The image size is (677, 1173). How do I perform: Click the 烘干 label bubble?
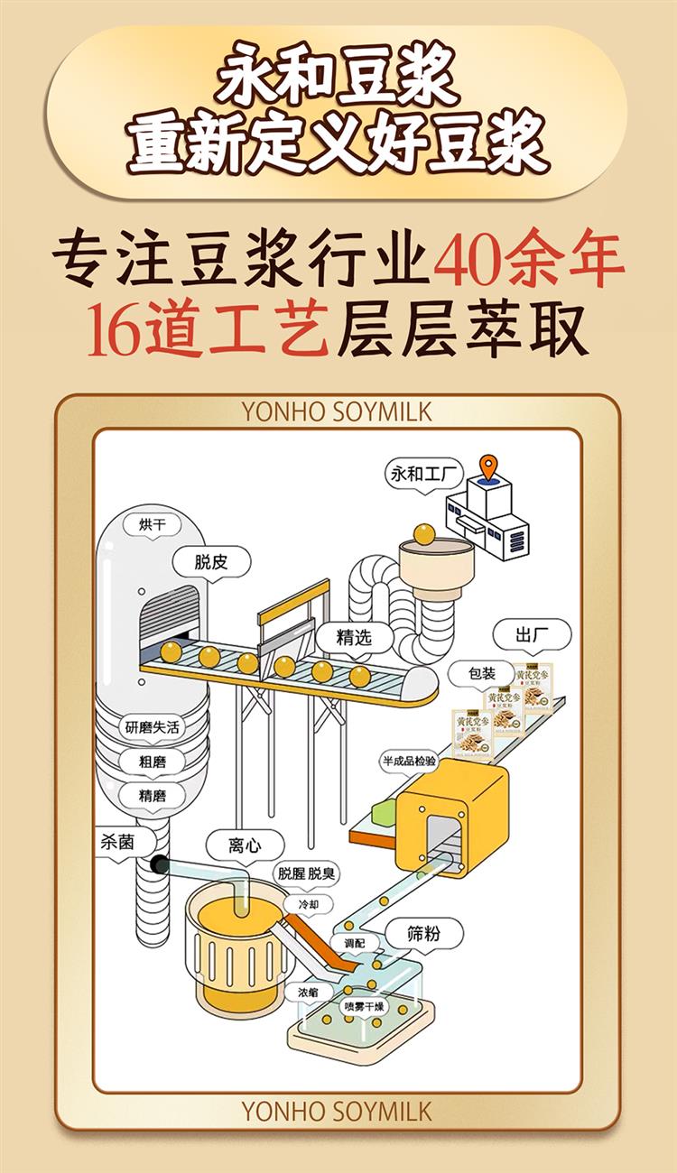click(153, 524)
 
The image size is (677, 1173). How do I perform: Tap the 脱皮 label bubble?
click(210, 562)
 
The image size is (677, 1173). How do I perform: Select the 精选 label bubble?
click(354, 637)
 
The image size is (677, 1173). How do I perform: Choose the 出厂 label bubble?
click(532, 634)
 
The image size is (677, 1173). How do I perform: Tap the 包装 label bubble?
click(482, 673)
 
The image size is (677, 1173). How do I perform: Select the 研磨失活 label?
click(152, 727)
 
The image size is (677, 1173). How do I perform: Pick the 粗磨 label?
click(152, 762)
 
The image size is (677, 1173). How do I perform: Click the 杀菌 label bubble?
click(117, 843)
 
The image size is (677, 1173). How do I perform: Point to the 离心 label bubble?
click(245, 845)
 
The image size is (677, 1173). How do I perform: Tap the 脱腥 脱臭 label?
click(309, 873)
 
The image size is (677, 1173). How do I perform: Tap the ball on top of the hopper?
click(424, 533)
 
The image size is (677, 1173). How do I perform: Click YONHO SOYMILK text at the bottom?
click(338, 1112)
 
